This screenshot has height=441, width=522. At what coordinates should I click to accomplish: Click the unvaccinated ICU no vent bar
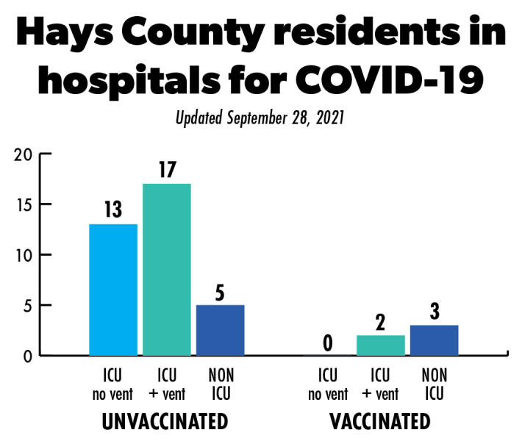coord(113,290)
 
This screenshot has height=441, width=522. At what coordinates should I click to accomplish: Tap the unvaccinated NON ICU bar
coord(221,330)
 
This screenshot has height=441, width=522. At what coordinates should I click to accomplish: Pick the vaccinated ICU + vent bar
coord(380,345)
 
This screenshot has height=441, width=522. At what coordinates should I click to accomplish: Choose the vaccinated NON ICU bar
coord(434,340)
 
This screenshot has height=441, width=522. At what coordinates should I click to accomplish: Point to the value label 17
coord(166,170)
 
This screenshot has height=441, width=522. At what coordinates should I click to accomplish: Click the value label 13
coord(113,210)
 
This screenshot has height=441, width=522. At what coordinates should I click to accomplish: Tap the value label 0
coord(328,343)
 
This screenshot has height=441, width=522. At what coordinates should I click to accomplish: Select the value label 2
coord(380,323)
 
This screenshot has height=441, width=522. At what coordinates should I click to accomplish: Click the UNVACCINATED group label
coord(164,422)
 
